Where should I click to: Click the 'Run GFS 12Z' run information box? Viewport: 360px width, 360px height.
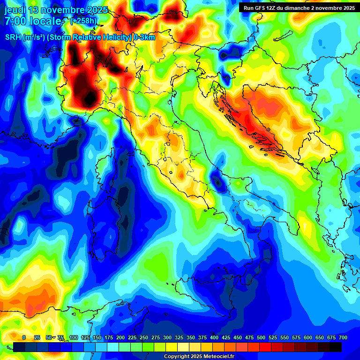tap(299, 8)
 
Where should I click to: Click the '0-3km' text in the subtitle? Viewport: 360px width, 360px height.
tap(144, 37)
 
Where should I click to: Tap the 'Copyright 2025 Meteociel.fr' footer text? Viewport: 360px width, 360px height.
tap(199, 357)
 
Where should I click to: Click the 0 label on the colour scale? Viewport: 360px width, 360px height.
tap(24, 337)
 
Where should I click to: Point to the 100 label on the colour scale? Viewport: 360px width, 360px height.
tap(73, 337)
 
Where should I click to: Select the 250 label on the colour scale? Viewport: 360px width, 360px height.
tap(144, 337)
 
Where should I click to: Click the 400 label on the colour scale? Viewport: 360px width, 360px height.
tap(214, 337)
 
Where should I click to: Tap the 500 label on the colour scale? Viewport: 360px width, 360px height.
tap(261, 337)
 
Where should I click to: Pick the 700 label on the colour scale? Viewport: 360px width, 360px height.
tap(343, 337)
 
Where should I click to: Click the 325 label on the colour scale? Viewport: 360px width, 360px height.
tap(179, 337)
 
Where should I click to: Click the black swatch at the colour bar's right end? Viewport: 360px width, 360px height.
tap(336, 347)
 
